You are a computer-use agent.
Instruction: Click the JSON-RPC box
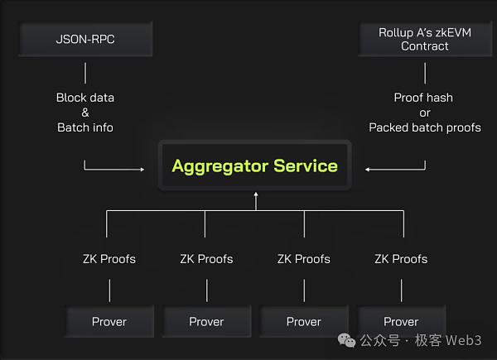point(86,39)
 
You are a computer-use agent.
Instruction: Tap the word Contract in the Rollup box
point(425,46)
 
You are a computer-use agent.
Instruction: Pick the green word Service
point(306,166)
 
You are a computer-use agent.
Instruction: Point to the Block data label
point(85,98)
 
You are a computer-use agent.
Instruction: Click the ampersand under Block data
point(85,113)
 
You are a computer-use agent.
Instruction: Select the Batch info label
point(85,127)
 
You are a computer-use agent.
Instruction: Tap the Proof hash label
point(423,98)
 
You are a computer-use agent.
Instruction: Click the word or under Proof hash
point(425,113)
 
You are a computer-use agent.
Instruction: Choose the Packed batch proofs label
point(425,127)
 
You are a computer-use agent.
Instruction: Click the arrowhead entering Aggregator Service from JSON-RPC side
point(142,170)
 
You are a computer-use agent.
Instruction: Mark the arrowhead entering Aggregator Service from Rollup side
point(367,170)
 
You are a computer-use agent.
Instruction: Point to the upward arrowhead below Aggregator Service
point(256,194)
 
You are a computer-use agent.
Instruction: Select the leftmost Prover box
point(109,321)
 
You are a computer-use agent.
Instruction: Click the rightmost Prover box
point(401,321)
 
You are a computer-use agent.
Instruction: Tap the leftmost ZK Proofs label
point(109,259)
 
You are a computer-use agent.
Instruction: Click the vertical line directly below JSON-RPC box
point(85,73)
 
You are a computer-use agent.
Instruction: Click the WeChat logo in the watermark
point(346,340)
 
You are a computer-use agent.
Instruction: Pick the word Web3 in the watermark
point(463,340)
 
